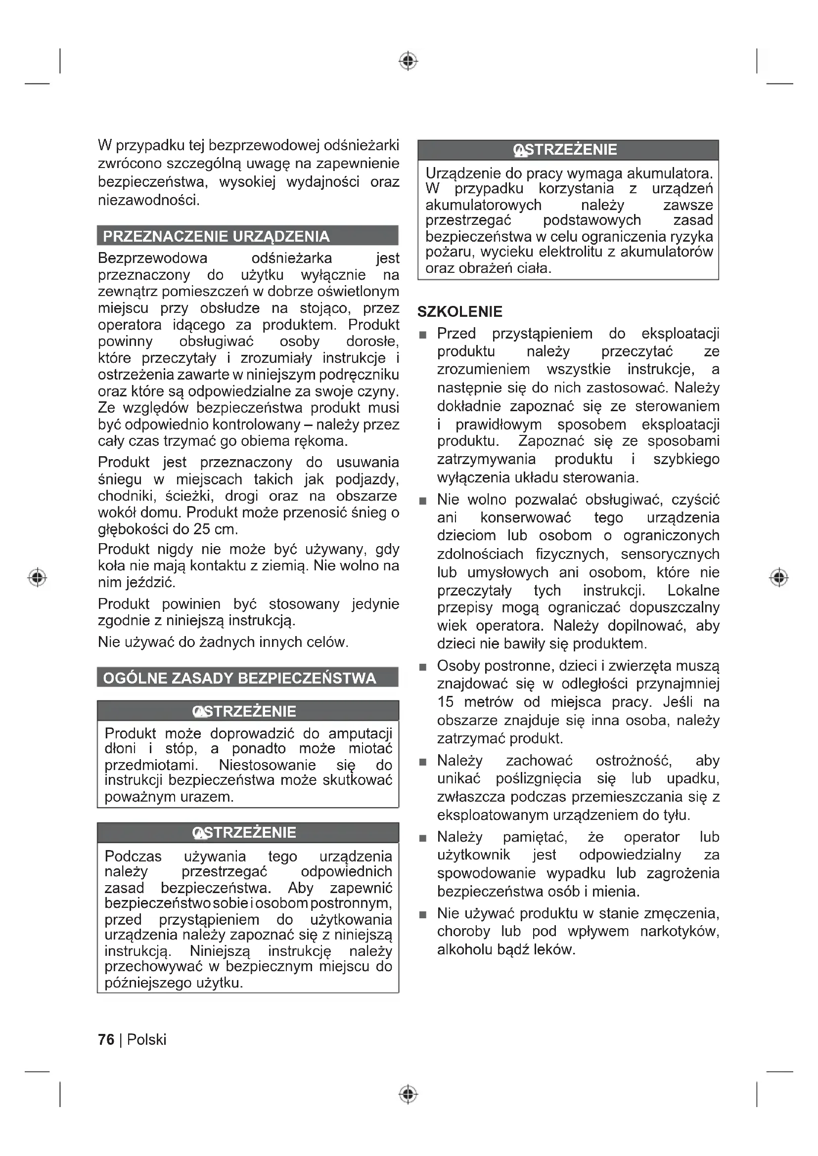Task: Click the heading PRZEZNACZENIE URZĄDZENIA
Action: [x=216, y=236]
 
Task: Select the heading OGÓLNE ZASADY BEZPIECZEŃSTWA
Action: [x=239, y=678]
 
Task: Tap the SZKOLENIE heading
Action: [x=460, y=312]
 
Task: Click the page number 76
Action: [x=106, y=1040]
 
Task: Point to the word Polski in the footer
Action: [x=146, y=1040]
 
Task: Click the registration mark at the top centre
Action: [x=408, y=61]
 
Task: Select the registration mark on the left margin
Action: [x=37, y=577]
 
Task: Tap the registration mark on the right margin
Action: [x=779, y=577]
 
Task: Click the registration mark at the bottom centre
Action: [x=408, y=1095]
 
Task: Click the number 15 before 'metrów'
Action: [x=445, y=702]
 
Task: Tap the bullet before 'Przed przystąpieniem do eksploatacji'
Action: [x=423, y=335]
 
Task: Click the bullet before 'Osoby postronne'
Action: [x=423, y=667]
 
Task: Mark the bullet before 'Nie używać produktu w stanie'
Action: [x=423, y=915]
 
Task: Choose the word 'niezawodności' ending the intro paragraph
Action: [x=148, y=200]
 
